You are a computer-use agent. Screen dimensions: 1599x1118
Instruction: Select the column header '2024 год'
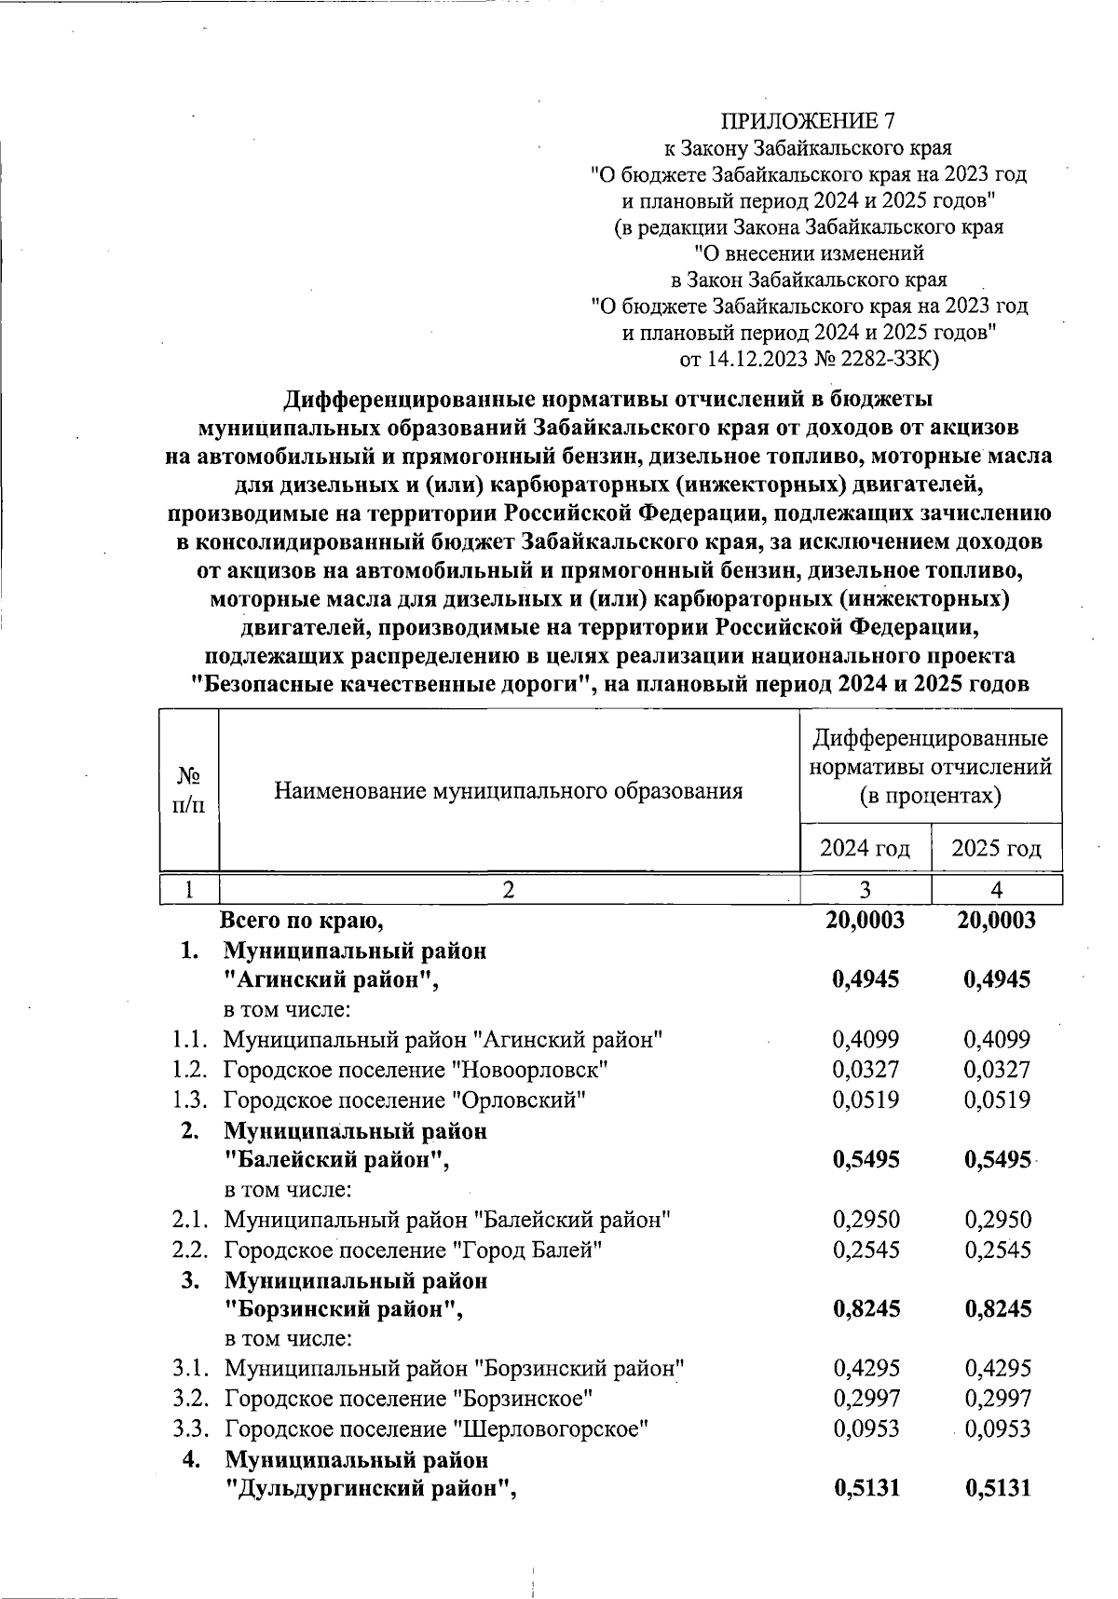tap(865, 849)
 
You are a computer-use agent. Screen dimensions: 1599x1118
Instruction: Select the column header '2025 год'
tap(996, 849)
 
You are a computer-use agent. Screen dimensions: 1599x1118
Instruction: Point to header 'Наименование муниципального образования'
tap(509, 792)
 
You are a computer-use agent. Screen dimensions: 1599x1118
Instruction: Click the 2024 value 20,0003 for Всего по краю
tap(865, 921)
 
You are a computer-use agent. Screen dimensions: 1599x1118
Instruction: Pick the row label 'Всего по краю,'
tap(303, 921)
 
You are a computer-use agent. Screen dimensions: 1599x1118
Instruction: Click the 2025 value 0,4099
tap(998, 1039)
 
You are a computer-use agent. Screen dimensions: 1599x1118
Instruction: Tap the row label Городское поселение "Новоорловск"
tap(416, 1070)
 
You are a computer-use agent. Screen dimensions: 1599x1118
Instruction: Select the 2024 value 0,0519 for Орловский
tap(866, 1100)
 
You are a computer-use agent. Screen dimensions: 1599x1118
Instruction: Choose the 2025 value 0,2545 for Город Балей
tap(998, 1250)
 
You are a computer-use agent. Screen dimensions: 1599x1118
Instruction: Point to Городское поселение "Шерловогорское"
tap(436, 1428)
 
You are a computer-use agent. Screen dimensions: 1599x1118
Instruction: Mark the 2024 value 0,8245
tap(866, 1309)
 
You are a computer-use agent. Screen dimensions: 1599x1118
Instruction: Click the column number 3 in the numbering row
tap(865, 890)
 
